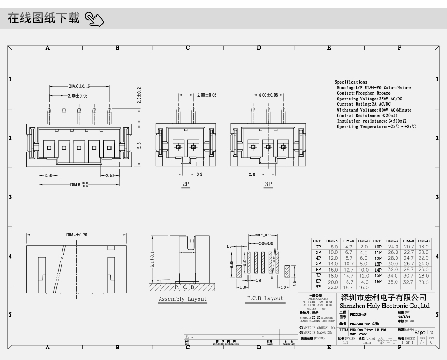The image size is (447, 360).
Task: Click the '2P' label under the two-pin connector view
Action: coord(185,184)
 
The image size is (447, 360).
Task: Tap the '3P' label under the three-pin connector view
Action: coord(268,184)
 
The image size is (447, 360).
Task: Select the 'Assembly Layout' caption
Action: coord(183,299)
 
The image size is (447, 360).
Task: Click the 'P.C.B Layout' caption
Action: coord(265,298)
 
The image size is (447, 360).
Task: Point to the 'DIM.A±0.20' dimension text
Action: coord(77,235)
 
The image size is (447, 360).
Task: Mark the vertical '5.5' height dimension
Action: coord(139,146)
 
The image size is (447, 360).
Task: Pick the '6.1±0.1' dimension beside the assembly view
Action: coord(152,260)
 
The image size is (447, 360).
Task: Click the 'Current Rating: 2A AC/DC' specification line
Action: coord(363,104)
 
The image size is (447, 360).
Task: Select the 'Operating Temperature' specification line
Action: coord(376,127)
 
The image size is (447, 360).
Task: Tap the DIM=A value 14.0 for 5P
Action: coord(333,264)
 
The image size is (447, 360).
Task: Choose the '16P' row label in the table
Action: coord(378,282)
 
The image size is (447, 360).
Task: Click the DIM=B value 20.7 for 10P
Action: coord(409,247)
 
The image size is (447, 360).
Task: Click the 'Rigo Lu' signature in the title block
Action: coord(423,332)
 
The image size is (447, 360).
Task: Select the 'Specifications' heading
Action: coord(351,82)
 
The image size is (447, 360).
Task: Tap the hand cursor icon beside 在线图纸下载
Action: coord(94,20)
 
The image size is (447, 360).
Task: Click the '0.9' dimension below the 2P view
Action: coord(199,174)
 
